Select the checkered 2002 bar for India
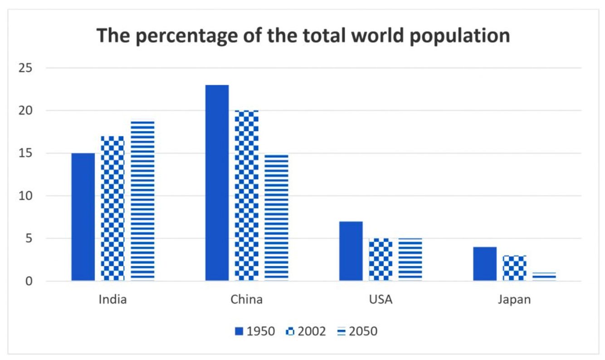112,208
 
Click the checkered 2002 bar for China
247,195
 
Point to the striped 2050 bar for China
277,218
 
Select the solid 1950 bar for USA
351,251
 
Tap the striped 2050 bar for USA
410,259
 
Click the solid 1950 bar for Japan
485,264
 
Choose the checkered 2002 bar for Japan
515,268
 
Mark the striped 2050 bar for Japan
544,277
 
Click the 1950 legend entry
255,331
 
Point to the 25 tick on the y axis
25,68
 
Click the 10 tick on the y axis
25,196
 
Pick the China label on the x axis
246,300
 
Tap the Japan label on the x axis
514,300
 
